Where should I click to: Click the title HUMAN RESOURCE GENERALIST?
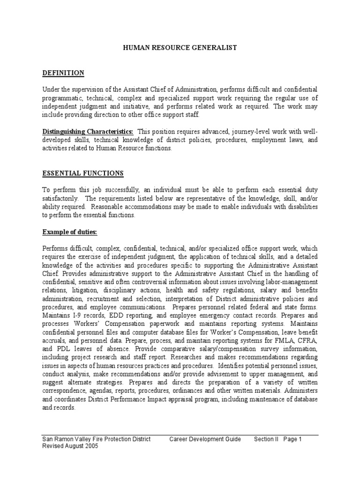click(180, 47)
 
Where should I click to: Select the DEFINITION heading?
click(63, 73)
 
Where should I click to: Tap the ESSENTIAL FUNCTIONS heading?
click(83, 173)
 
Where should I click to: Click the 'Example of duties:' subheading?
click(70, 232)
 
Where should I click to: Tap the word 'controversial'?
click(158, 282)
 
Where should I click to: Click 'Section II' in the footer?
click(266, 439)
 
